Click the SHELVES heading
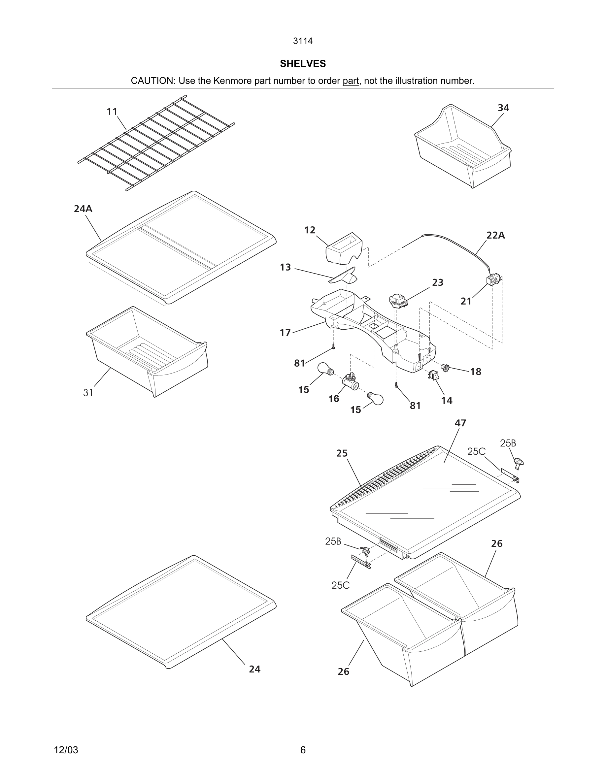click(x=303, y=64)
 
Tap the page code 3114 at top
click(x=303, y=41)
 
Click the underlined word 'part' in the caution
click(x=351, y=81)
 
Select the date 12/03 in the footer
click(x=66, y=750)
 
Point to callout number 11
click(x=112, y=112)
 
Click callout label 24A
click(x=83, y=209)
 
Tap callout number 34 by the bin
click(x=503, y=108)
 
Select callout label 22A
click(x=495, y=236)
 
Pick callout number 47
click(x=460, y=423)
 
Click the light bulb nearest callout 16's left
click(x=325, y=369)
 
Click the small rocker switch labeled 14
click(x=433, y=375)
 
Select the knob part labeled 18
click(x=446, y=367)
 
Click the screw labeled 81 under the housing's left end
click(x=333, y=346)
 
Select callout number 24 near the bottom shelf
click(x=254, y=669)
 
